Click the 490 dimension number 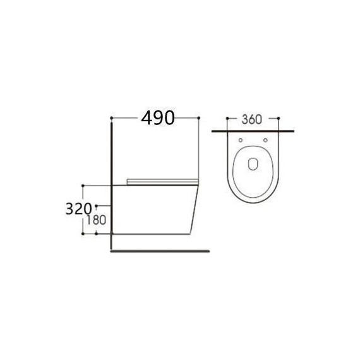pos(156,117)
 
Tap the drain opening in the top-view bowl pos(253,162)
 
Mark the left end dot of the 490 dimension pos(111,117)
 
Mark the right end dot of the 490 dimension pos(200,117)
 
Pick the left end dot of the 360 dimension pos(226,118)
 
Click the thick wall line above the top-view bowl pos(253,131)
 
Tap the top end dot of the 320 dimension pos(83,184)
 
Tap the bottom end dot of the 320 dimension pos(83,234)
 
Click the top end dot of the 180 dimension pos(97,206)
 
